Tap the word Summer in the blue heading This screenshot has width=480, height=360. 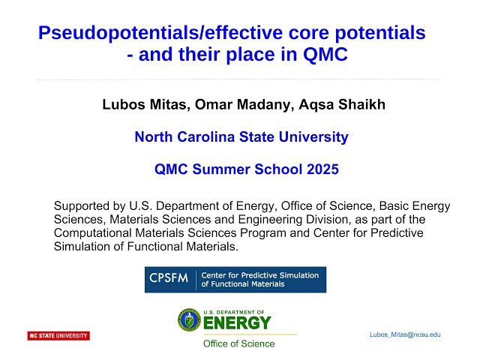pyautogui.click(x=217, y=169)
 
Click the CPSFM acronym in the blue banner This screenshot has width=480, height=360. pyautogui.click(x=170, y=276)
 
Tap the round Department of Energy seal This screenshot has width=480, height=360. pyautogui.click(x=189, y=320)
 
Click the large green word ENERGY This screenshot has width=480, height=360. pyautogui.click(x=237, y=324)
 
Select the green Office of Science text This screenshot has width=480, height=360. pyautogui.click(x=239, y=343)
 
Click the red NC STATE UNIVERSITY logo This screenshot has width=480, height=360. pyautogui.click(x=58, y=335)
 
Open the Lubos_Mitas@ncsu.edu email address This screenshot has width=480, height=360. pyautogui.click(x=405, y=334)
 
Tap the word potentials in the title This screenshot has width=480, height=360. pyautogui.click(x=381, y=33)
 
